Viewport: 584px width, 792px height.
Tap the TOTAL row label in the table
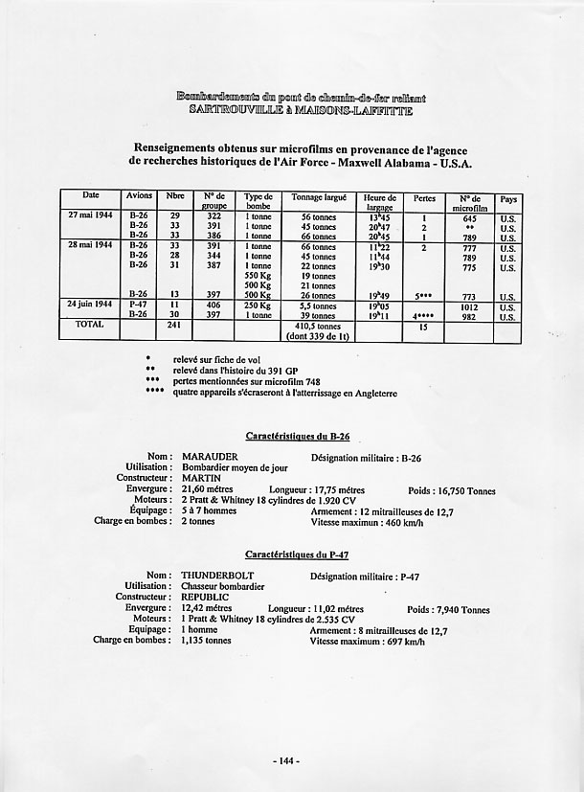tap(89, 324)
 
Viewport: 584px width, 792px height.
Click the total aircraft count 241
tap(175, 324)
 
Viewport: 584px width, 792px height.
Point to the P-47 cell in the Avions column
tap(140, 303)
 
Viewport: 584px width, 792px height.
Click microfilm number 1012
tap(470, 303)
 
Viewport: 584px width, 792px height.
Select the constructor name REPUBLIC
tap(206, 597)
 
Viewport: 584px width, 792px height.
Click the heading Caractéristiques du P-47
tap(297, 554)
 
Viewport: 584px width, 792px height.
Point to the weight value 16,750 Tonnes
tap(467, 490)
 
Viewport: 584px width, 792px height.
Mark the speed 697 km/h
tap(394, 643)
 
